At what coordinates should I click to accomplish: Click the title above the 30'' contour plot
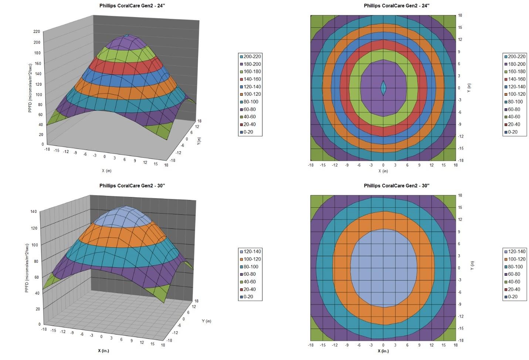tap(397, 186)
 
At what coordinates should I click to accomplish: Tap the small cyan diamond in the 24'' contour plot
tap(383, 88)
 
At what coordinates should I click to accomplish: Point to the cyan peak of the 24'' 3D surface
tap(127, 36)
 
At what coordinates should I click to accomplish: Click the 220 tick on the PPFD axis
tap(37, 32)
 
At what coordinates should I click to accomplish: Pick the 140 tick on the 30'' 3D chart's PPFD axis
tap(34, 212)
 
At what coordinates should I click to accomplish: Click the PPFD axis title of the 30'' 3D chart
tap(27, 268)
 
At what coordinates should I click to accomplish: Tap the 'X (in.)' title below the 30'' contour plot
tap(383, 351)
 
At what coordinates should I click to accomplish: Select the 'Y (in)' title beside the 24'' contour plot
tap(469, 88)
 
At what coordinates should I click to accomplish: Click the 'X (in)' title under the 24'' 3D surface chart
tap(106, 171)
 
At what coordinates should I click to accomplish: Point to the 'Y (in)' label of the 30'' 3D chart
tap(207, 321)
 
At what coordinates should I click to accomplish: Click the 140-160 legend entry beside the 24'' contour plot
tap(516, 79)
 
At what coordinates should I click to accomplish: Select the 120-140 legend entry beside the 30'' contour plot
tap(516, 252)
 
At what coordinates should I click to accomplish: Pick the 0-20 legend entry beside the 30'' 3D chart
tap(248, 297)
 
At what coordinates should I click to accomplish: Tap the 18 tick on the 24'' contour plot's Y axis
tap(460, 16)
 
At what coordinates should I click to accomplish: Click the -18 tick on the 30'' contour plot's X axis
tap(311, 345)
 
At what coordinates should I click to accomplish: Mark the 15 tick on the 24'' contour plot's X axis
tap(444, 165)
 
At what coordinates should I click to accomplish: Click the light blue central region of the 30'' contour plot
tap(383, 268)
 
